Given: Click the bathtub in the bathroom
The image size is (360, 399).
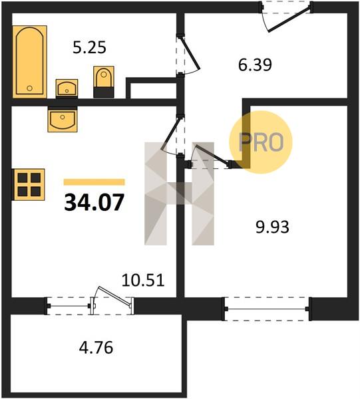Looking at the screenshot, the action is pos(30,62).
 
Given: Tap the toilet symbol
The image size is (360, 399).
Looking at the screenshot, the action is pos(104,82).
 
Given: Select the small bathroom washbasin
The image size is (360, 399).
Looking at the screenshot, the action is pos(67,88).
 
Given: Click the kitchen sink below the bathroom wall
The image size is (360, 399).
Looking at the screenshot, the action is pos(63,119).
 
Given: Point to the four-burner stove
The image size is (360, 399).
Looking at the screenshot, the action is pos(29,184).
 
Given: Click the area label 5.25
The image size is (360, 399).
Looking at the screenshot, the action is pos(89,48).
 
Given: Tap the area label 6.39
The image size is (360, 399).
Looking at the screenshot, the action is pos(255,65).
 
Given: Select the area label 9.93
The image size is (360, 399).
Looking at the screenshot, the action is pos(272,227).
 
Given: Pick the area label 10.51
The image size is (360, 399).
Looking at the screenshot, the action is pos(143,281).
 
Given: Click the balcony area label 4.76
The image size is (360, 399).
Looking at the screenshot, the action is pos(96,348).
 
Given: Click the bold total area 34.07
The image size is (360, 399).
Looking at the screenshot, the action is pos(94,203).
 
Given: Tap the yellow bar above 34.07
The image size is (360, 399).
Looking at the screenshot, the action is pos(94,182).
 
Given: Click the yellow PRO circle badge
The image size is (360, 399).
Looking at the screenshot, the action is pos(261,142).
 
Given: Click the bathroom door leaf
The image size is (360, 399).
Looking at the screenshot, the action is pos(190,53).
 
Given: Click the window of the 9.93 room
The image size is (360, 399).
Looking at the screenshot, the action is pos(267,309).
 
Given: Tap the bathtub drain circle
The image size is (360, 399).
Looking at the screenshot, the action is pos(30,88).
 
